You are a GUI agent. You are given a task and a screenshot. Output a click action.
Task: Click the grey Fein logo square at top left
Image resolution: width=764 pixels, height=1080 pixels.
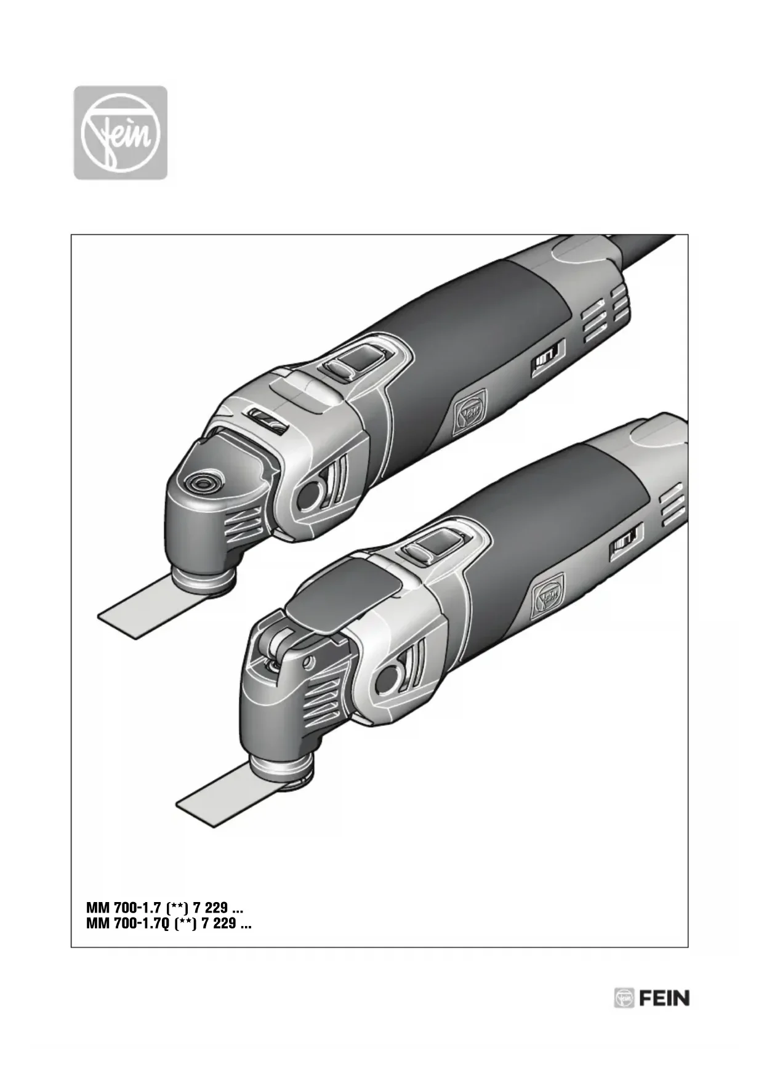click(x=121, y=132)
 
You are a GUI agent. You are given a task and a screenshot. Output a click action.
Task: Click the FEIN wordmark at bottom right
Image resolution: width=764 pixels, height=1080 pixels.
click(x=664, y=998)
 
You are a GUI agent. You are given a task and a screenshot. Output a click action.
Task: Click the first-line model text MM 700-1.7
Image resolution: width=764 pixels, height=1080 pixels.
click(x=124, y=908)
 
